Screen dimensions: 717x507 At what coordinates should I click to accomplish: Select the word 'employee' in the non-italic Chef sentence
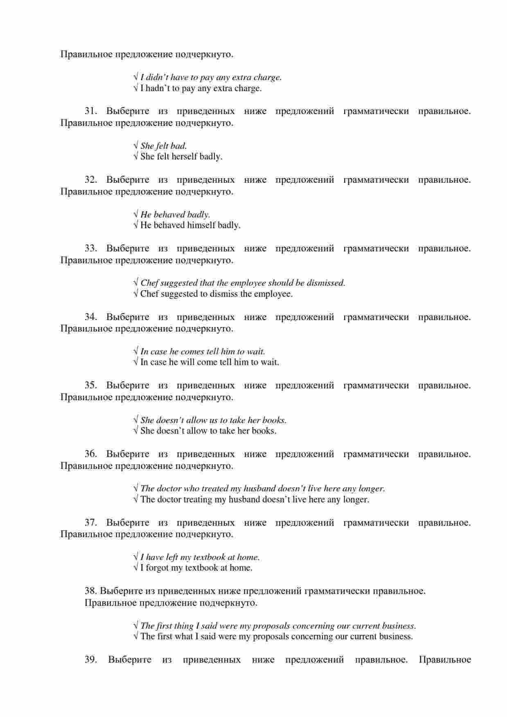[x=275, y=294]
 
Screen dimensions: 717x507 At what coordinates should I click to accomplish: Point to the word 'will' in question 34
[x=187, y=362]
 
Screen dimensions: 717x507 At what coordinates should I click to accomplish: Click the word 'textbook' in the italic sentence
[x=209, y=557]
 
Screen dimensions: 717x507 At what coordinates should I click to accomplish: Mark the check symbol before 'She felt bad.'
[x=136, y=146]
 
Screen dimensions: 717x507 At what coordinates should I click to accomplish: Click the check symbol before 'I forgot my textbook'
[x=136, y=568]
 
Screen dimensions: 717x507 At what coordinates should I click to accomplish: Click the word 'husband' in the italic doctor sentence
[x=259, y=488]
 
